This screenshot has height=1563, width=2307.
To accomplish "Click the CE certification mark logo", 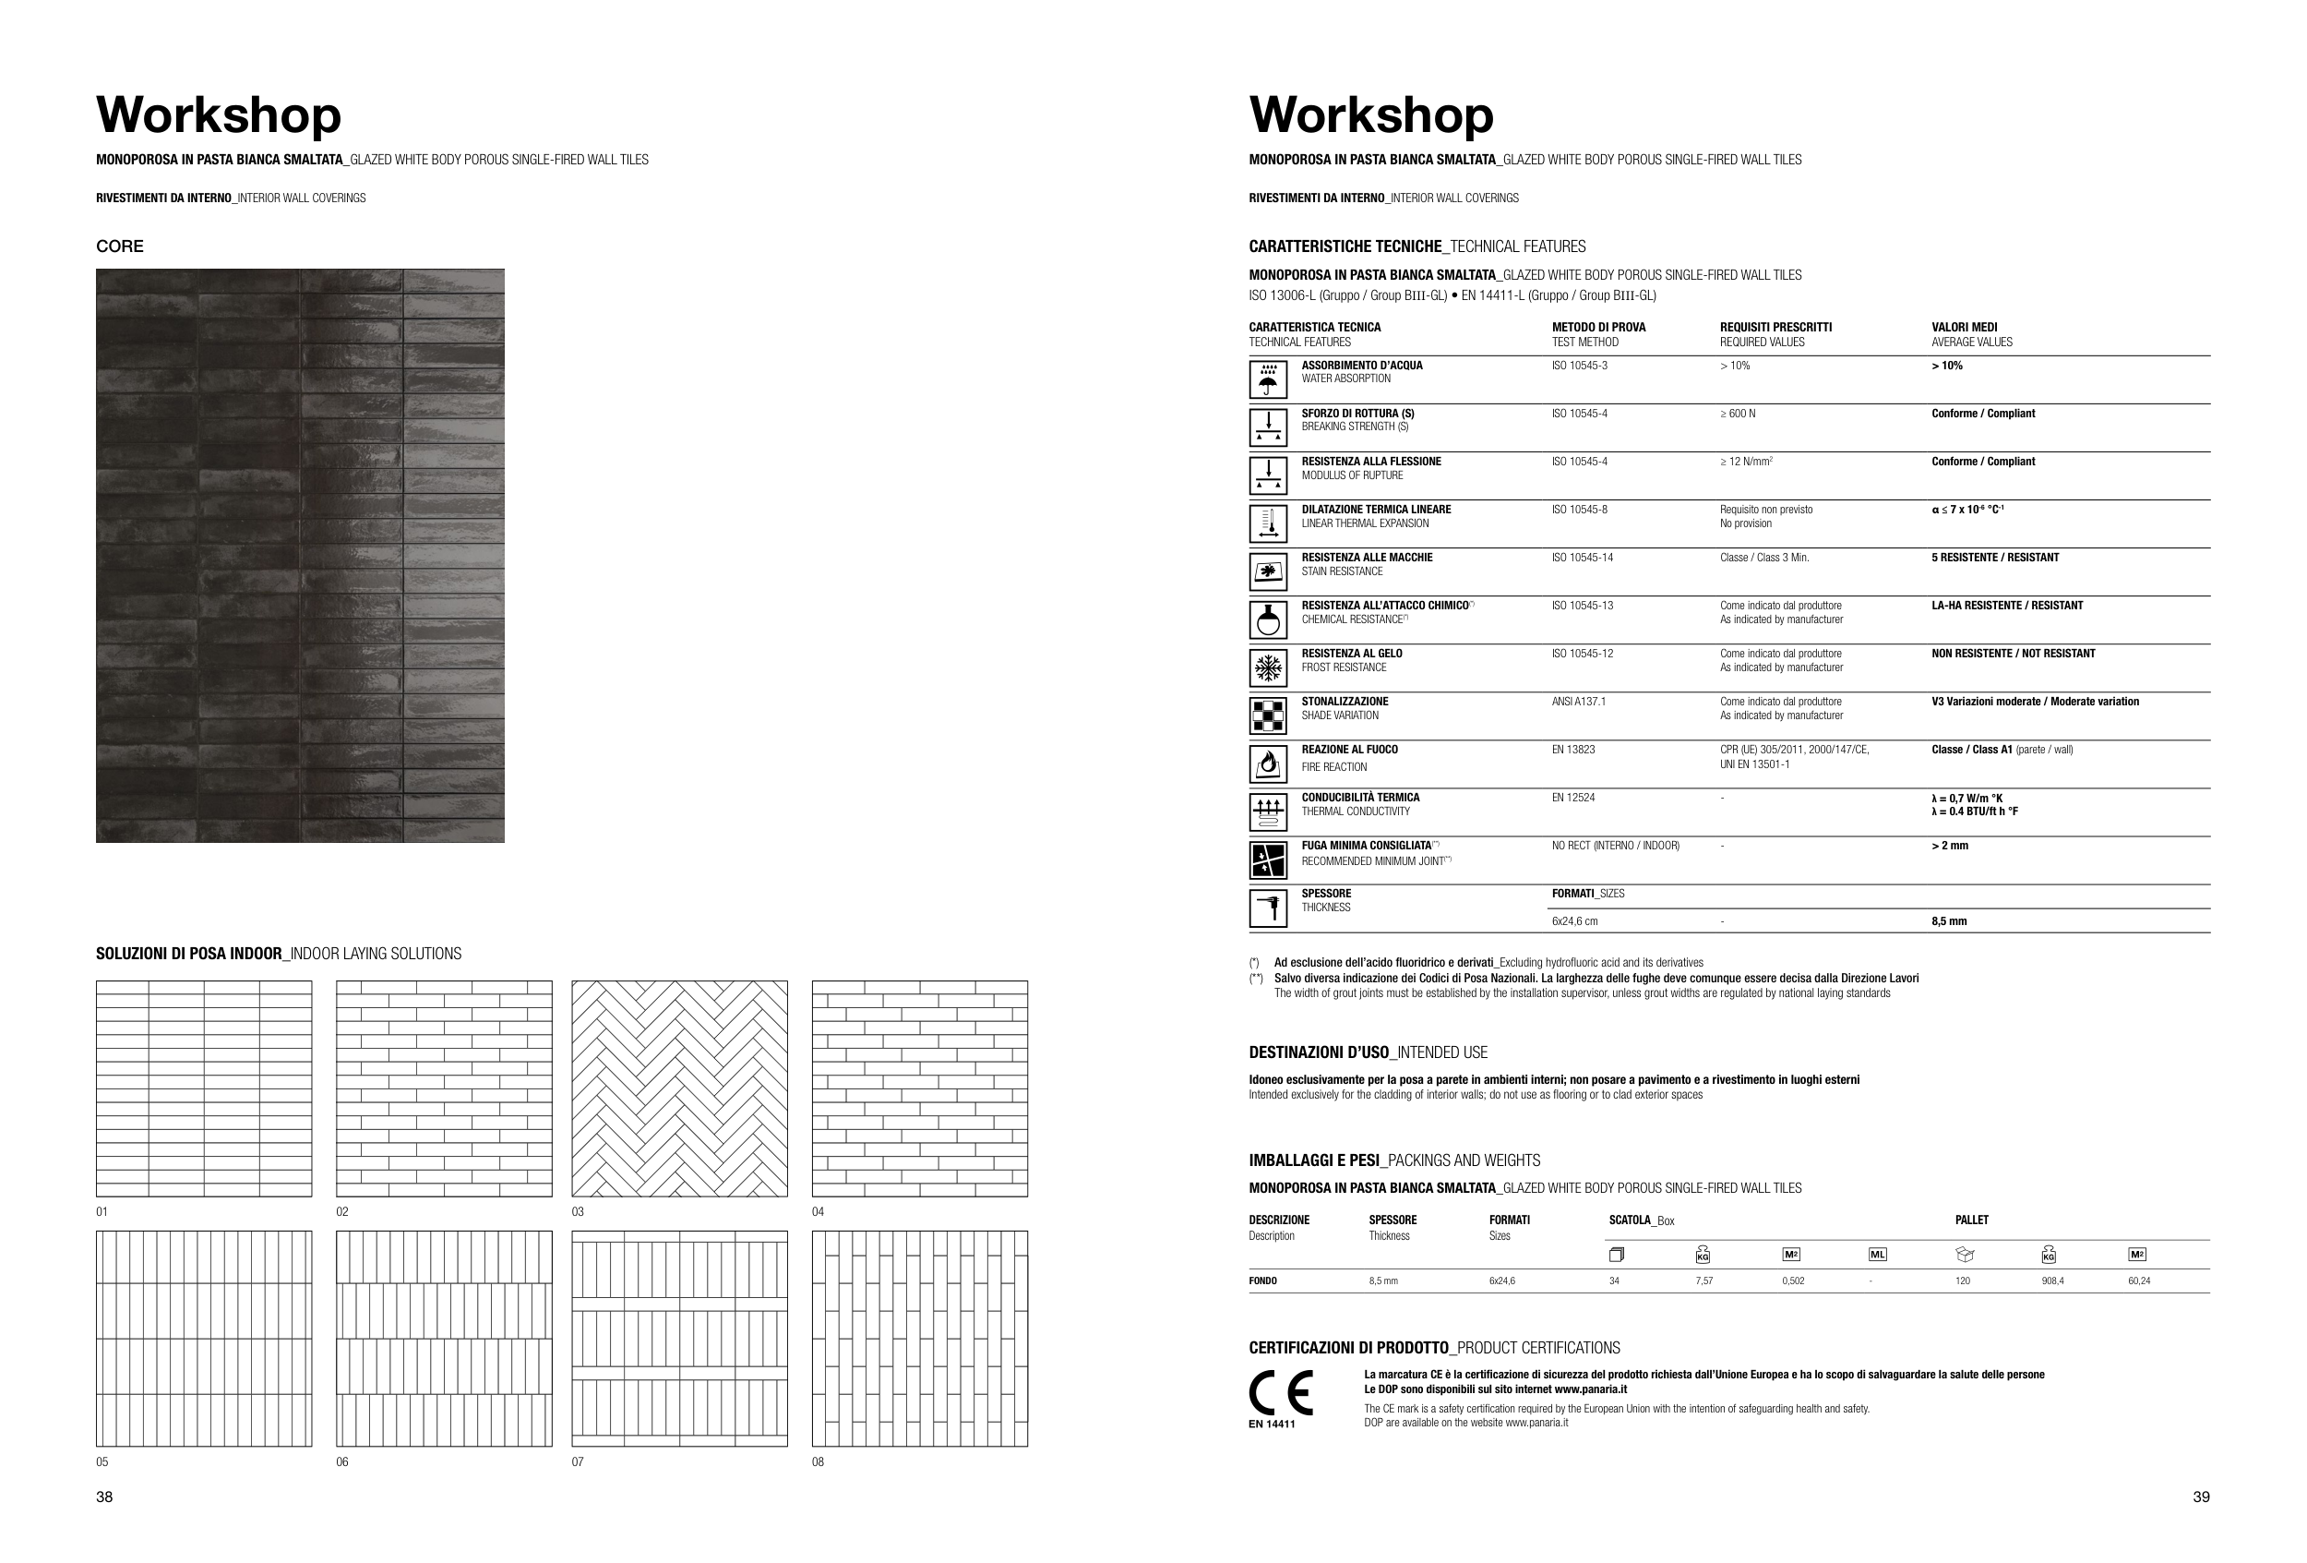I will (1280, 1392).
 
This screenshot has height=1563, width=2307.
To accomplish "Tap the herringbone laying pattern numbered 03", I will (679, 1088).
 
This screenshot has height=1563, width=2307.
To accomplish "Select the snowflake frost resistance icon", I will (1268, 668).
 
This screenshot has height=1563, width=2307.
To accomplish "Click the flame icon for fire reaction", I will (1268, 763).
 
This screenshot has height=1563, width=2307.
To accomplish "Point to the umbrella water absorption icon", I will (1268, 379).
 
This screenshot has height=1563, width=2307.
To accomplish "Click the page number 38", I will (104, 1497).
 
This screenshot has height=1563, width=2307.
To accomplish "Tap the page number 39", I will (2201, 1497).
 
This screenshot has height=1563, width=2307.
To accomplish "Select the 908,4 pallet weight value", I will (2052, 1281).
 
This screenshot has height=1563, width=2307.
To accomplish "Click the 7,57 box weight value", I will (1703, 1281).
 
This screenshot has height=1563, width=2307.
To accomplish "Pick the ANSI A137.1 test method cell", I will (1578, 701).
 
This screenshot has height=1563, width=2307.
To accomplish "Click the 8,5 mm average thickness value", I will (1949, 921).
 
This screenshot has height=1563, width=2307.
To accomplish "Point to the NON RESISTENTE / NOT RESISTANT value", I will (2013, 654).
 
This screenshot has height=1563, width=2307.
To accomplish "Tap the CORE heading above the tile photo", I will (119, 246).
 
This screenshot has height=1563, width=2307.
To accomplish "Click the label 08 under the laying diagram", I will (818, 1461).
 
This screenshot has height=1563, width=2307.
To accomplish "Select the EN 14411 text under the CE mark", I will (1272, 1424).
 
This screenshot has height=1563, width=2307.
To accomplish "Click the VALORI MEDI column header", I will (1964, 327).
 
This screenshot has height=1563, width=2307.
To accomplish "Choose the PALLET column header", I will (1971, 1220).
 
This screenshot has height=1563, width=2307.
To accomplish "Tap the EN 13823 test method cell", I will (1573, 750).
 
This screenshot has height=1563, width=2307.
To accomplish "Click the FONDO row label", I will (1262, 1281).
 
